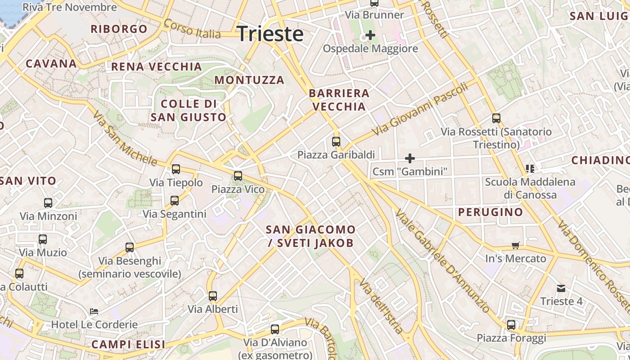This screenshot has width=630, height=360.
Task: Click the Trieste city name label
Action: point(270,34)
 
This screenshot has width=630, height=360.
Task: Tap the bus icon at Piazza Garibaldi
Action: point(336,142)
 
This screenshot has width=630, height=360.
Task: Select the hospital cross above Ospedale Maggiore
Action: point(370,35)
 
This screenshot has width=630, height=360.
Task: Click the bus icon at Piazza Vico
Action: point(238,175)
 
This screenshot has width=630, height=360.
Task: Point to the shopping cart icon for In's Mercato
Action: point(516,245)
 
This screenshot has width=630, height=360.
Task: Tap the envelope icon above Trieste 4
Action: point(561,288)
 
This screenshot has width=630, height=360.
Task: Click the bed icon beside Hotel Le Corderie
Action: point(94,311)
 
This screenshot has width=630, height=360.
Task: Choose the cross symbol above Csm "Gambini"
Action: point(410,158)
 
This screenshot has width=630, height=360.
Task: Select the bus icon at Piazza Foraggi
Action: point(511,324)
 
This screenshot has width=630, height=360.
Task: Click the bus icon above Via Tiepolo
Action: point(176,169)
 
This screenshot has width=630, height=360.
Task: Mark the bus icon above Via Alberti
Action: point(213,296)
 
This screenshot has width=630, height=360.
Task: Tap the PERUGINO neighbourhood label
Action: point(490,212)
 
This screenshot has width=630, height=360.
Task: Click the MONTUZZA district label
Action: point(249,80)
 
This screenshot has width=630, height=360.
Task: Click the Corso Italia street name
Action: point(192,29)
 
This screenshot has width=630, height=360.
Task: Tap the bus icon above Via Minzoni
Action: point(48,203)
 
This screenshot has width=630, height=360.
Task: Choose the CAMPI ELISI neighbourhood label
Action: point(128,345)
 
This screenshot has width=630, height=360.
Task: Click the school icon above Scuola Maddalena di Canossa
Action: point(530,169)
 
